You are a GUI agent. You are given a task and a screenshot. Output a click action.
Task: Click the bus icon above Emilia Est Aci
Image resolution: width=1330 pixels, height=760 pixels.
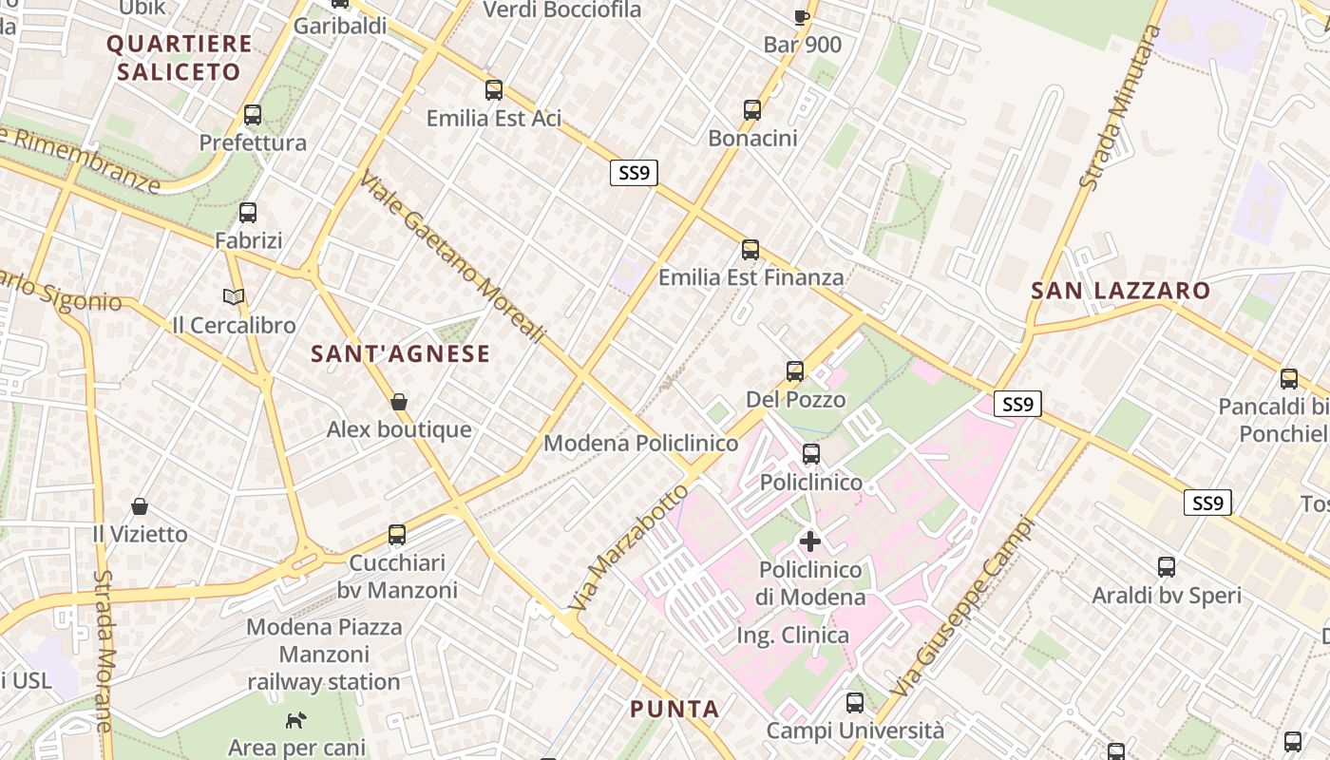click(x=494, y=90)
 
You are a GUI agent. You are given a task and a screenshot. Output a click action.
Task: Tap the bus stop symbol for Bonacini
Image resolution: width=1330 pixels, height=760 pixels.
click(x=752, y=110)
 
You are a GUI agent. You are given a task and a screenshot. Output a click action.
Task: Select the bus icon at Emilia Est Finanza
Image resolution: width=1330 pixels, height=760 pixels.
click(x=750, y=250)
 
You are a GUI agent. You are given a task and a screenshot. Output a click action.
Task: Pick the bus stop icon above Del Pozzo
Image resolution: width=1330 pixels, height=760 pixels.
click(x=795, y=371)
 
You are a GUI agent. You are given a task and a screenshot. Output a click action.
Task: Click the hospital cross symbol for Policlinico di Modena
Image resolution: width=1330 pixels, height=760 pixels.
click(x=810, y=541)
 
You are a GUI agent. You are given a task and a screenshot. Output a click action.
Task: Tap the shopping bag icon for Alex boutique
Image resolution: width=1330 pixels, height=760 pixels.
click(x=399, y=402)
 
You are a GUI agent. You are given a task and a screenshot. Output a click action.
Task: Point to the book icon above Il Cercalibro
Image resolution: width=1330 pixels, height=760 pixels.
click(x=234, y=297)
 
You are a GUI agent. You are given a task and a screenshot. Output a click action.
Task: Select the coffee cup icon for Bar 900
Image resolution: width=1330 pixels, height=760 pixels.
click(x=802, y=16)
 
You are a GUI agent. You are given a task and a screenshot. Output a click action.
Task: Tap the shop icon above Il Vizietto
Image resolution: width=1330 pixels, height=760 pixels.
click(x=140, y=505)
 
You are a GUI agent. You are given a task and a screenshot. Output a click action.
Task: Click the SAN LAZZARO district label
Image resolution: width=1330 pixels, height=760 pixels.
click(x=1121, y=291)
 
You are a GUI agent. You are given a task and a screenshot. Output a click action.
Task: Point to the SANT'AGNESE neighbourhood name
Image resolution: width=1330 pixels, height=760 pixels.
click(x=401, y=354)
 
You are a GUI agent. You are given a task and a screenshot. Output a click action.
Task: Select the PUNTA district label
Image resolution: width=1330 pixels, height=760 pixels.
click(x=674, y=709)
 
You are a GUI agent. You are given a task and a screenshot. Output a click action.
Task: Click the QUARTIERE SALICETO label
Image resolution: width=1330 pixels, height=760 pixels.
click(x=180, y=57)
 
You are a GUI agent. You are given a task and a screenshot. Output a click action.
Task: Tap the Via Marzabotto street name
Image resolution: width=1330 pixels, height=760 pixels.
click(x=628, y=548)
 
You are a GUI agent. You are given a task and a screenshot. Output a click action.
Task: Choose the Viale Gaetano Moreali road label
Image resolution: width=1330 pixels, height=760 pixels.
click(x=453, y=256)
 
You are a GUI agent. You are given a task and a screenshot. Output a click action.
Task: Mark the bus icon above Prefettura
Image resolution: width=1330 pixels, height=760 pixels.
click(x=253, y=115)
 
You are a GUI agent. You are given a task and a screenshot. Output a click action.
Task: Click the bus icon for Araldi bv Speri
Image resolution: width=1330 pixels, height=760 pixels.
click(x=1167, y=567)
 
